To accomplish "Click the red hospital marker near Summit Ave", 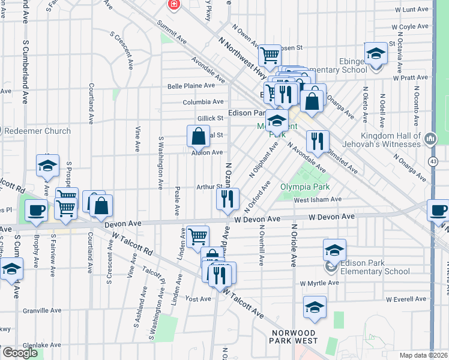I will coord(174,5).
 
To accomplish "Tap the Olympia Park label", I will coord(305,187).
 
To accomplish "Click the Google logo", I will coord(20,353).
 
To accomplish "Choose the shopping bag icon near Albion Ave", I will coord(198,137).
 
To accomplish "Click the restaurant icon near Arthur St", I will coord(227,199).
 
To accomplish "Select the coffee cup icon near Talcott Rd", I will coord(37,211).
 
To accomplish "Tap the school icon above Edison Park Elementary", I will coord(334,250).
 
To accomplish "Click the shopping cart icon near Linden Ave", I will coord(197,236).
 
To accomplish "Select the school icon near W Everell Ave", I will coord(315,307).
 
